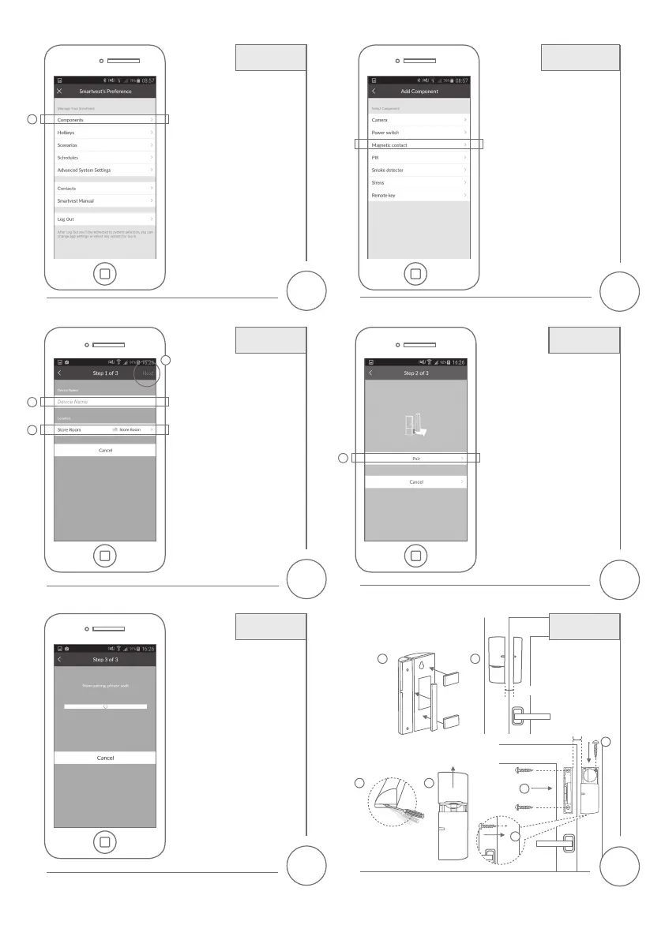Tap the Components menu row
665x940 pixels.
(x=105, y=120)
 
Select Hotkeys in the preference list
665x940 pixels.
(x=105, y=133)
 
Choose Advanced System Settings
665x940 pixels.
(x=105, y=170)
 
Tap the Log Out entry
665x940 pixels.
(x=105, y=219)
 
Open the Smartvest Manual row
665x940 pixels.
(x=105, y=201)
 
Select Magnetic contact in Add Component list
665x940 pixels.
(x=419, y=145)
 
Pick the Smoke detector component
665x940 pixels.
(x=419, y=170)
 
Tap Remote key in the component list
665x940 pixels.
(x=419, y=195)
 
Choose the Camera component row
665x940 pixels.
(x=419, y=120)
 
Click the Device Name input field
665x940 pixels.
(x=105, y=402)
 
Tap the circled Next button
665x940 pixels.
(x=148, y=373)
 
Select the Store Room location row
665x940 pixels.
(x=105, y=429)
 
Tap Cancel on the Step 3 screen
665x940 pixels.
(x=105, y=758)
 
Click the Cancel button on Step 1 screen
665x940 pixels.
(x=105, y=451)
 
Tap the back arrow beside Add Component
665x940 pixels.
(x=374, y=92)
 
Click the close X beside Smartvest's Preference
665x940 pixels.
(x=60, y=92)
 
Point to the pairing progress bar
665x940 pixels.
(x=105, y=706)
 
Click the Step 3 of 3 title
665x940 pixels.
(x=105, y=659)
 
